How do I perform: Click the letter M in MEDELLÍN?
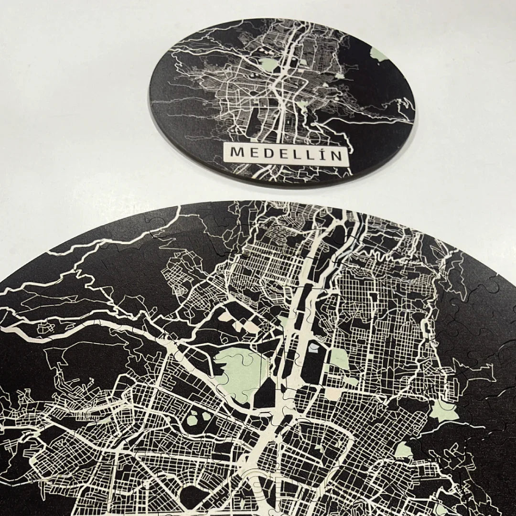pos(236,153)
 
